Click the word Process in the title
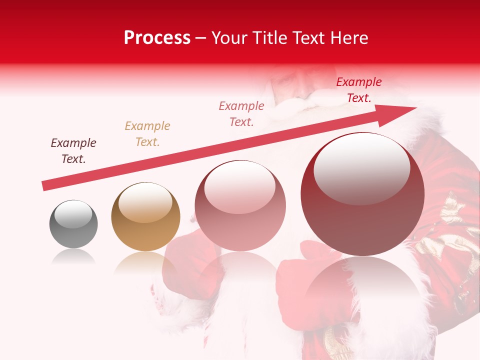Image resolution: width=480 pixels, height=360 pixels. click(157, 38)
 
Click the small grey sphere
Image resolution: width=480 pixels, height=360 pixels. click(73, 224)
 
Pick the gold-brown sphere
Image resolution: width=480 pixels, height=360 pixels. click(145, 217)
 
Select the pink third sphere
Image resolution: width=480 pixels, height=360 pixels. click(240, 206)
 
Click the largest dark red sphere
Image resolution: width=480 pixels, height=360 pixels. click(362, 195)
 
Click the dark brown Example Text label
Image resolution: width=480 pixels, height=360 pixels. click(73, 151)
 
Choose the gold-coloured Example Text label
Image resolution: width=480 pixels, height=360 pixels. click(147, 134)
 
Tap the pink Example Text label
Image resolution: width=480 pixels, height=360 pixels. click(241, 113)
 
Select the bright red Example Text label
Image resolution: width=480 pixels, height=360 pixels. click(359, 90)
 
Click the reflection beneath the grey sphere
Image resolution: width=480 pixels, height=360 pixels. click(73, 257)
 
